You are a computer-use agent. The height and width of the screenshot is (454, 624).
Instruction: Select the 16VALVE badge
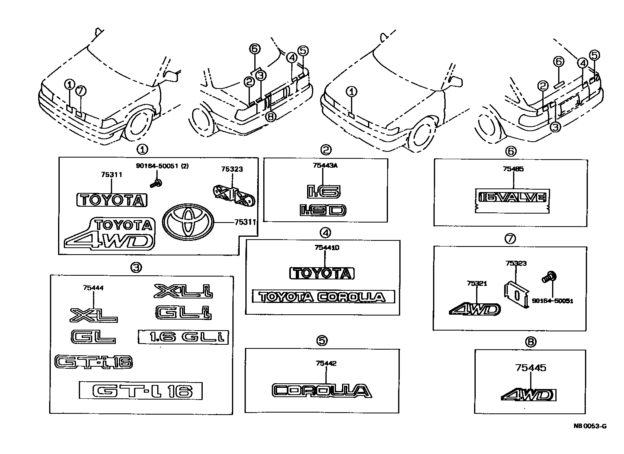pos(512,198)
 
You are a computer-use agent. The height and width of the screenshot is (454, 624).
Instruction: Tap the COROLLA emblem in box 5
pos(321,391)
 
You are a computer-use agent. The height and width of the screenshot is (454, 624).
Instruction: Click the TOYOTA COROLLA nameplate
pos(323,296)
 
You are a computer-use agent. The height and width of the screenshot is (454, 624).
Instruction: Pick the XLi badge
pos(184,291)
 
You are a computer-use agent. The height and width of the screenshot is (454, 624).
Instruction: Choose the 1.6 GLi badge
pos(183,337)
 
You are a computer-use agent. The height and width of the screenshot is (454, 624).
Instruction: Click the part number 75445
pos(531,368)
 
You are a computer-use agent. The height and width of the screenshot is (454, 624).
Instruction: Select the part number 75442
pos(325,363)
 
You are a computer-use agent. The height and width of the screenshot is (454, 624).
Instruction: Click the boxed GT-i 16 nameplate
pos(141,391)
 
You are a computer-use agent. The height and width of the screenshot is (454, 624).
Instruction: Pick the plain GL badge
pos(93,337)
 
